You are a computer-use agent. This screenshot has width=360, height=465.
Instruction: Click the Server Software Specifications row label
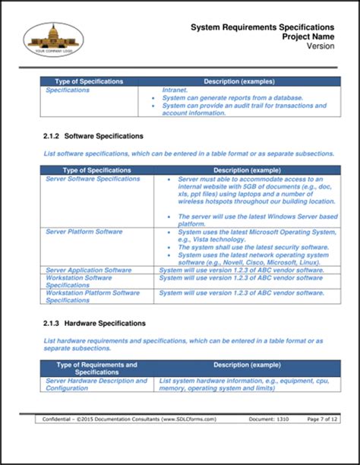pyautogui.click(x=93, y=179)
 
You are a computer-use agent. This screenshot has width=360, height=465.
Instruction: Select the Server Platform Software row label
pyautogui.click(x=84, y=231)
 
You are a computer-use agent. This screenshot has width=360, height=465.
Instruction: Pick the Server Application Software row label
pyautogui.click(x=88, y=270)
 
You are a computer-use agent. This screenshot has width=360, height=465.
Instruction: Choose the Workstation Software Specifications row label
pyautogui.click(x=79, y=281)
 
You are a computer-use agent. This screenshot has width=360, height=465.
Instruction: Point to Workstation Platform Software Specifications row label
pyautogui.click(x=92, y=296)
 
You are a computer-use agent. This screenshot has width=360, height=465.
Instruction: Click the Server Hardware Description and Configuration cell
pyautogui.click(x=96, y=384)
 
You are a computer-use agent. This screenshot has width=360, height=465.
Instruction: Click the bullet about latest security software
pyautogui.click(x=248, y=247)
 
